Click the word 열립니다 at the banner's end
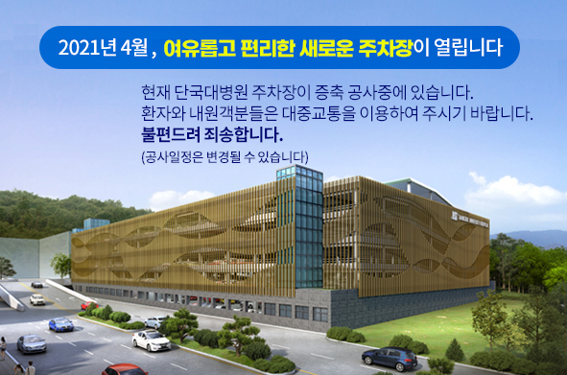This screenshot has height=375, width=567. pyautogui.click(x=469, y=47)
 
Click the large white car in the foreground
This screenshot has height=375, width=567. pyautogui.click(x=153, y=340)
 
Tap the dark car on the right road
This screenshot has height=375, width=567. pyautogui.click(x=389, y=358)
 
